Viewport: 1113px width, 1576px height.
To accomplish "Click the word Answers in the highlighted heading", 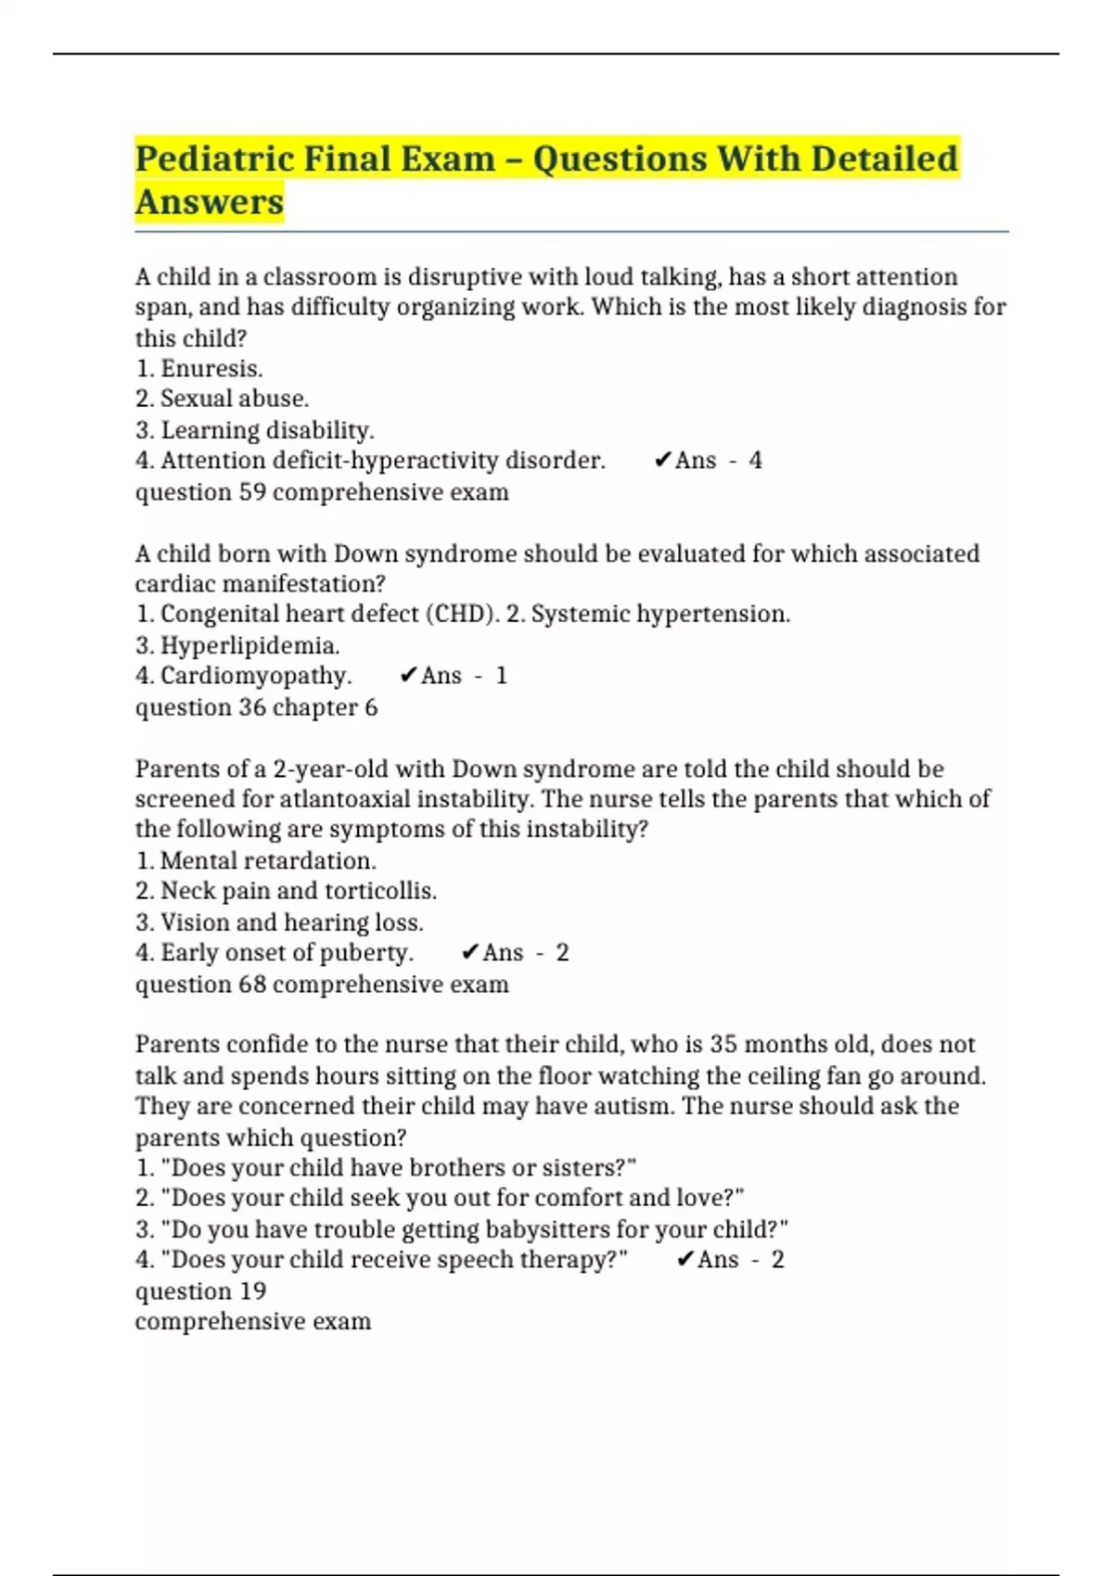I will click(x=210, y=201).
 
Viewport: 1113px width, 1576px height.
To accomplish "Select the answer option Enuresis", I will click(x=211, y=368).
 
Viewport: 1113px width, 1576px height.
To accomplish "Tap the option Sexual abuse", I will click(x=234, y=399).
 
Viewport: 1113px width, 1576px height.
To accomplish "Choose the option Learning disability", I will click(x=267, y=430).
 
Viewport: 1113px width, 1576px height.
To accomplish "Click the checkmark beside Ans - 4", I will click(x=662, y=461).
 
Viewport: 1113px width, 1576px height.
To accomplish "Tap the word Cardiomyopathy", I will click(x=255, y=676).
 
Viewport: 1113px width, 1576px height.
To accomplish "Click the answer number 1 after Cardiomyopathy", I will click(x=501, y=676).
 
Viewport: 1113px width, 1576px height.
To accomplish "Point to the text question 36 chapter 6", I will click(x=256, y=707).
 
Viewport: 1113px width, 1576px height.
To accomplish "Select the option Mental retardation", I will click(x=267, y=860).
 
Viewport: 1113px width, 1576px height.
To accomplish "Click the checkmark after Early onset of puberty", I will click(x=469, y=953).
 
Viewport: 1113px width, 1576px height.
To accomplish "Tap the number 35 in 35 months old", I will click(x=723, y=1045).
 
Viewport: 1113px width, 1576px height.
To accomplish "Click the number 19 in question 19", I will click(x=252, y=1290).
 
